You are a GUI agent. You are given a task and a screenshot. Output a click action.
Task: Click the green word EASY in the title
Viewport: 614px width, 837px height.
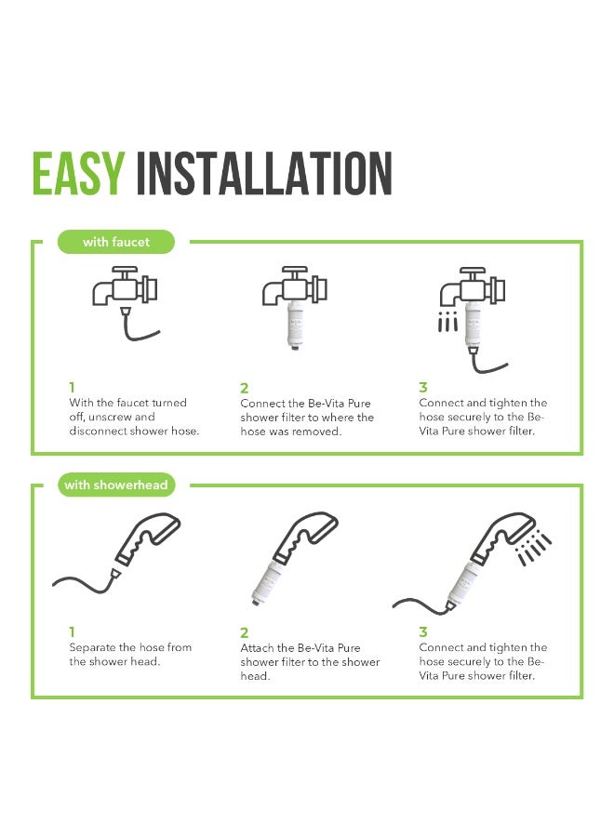[78, 174]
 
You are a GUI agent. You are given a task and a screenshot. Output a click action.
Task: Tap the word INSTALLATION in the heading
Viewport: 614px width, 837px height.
[264, 174]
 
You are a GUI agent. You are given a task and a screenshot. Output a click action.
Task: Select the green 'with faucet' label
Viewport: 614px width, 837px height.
[116, 242]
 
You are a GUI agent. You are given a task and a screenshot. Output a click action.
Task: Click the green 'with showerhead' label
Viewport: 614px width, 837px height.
[116, 485]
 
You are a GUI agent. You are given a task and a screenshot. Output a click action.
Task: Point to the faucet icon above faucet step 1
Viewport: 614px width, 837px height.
[125, 286]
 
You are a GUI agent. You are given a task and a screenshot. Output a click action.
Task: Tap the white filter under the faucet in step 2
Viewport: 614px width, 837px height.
[294, 325]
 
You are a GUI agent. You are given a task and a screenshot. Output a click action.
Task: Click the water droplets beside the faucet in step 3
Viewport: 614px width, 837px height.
[447, 322]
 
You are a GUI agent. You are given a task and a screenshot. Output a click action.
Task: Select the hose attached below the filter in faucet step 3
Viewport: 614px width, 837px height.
[487, 362]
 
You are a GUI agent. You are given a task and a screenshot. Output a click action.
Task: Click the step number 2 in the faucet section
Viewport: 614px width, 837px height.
[244, 388]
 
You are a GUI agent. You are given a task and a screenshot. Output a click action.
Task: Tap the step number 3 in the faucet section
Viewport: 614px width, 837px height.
[423, 387]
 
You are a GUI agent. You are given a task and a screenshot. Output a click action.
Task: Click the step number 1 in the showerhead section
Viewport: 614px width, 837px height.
[72, 632]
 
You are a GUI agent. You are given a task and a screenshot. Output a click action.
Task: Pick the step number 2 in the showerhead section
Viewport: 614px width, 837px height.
[244, 632]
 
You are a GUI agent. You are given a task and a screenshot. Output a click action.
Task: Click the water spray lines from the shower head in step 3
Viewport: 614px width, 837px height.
[534, 548]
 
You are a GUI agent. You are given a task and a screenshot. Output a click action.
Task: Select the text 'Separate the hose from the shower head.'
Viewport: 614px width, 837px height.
[130, 655]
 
